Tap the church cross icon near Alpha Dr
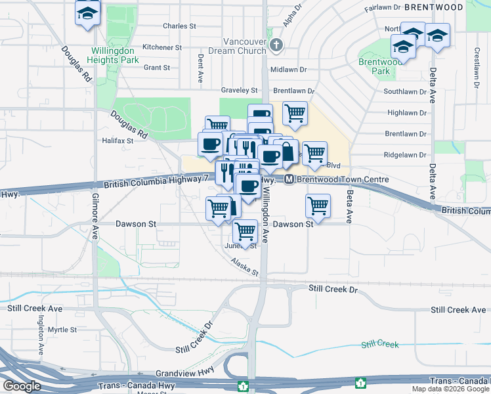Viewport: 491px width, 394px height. [277, 45]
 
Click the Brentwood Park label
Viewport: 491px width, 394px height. [375, 66]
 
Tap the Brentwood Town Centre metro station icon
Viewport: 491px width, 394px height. [289, 179]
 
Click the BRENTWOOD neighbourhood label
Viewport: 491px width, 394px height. [433, 7]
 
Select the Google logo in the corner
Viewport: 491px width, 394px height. [22, 386]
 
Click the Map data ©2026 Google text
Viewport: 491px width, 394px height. [450, 389]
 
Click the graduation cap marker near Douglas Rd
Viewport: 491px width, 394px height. [87, 13]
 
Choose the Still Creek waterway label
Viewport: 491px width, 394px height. [380, 344]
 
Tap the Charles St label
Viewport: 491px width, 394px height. [179, 26]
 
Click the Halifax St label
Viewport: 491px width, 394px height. [117, 141]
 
